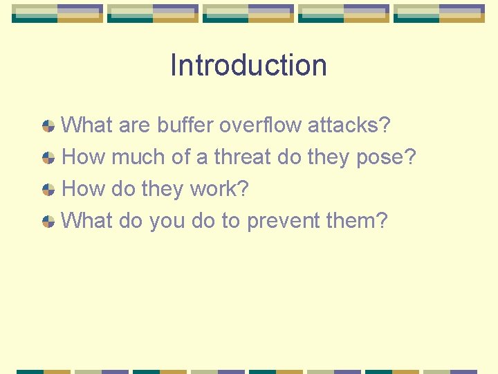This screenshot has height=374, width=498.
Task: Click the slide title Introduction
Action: (x=248, y=65)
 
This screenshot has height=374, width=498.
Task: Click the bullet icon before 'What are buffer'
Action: (x=48, y=126)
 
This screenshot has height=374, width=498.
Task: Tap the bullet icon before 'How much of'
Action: (x=48, y=158)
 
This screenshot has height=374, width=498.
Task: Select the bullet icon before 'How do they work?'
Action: (x=48, y=190)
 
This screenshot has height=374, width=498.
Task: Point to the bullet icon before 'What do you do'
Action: (x=48, y=222)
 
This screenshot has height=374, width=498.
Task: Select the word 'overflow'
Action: (x=260, y=125)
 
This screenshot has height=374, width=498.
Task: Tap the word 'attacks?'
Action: (x=349, y=125)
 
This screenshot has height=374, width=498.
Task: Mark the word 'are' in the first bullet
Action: (x=135, y=126)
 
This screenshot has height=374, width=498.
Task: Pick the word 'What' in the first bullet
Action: (x=87, y=125)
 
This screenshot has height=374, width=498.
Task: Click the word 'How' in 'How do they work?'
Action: (x=84, y=189)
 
